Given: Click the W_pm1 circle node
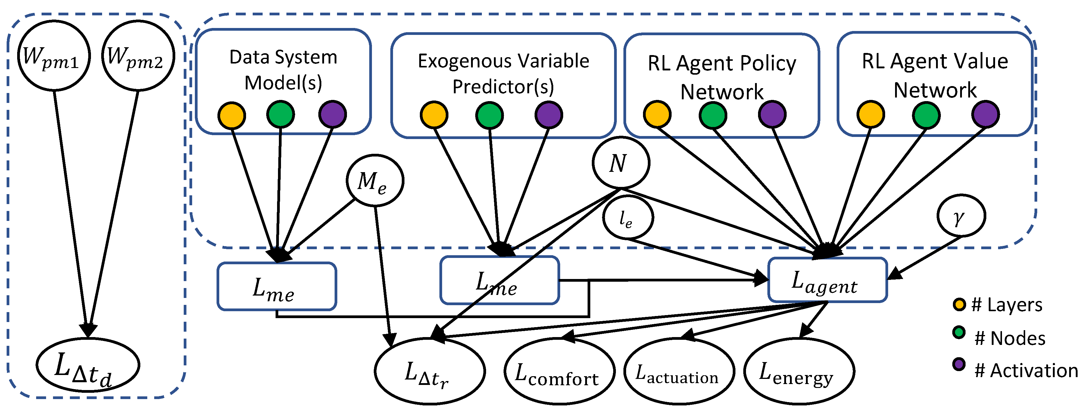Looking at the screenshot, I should [x=54, y=55].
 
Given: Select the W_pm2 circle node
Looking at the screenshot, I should [x=138, y=55].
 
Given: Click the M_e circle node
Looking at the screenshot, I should [x=375, y=180].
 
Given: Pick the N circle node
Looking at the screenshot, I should [x=620, y=163].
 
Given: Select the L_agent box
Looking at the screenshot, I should [x=827, y=280].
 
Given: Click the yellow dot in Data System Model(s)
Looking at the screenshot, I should [x=232, y=115].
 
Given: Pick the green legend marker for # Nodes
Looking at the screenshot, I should [x=959, y=333].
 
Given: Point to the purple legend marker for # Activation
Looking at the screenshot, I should [x=959, y=364].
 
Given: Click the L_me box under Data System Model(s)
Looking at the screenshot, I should [x=277, y=287].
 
